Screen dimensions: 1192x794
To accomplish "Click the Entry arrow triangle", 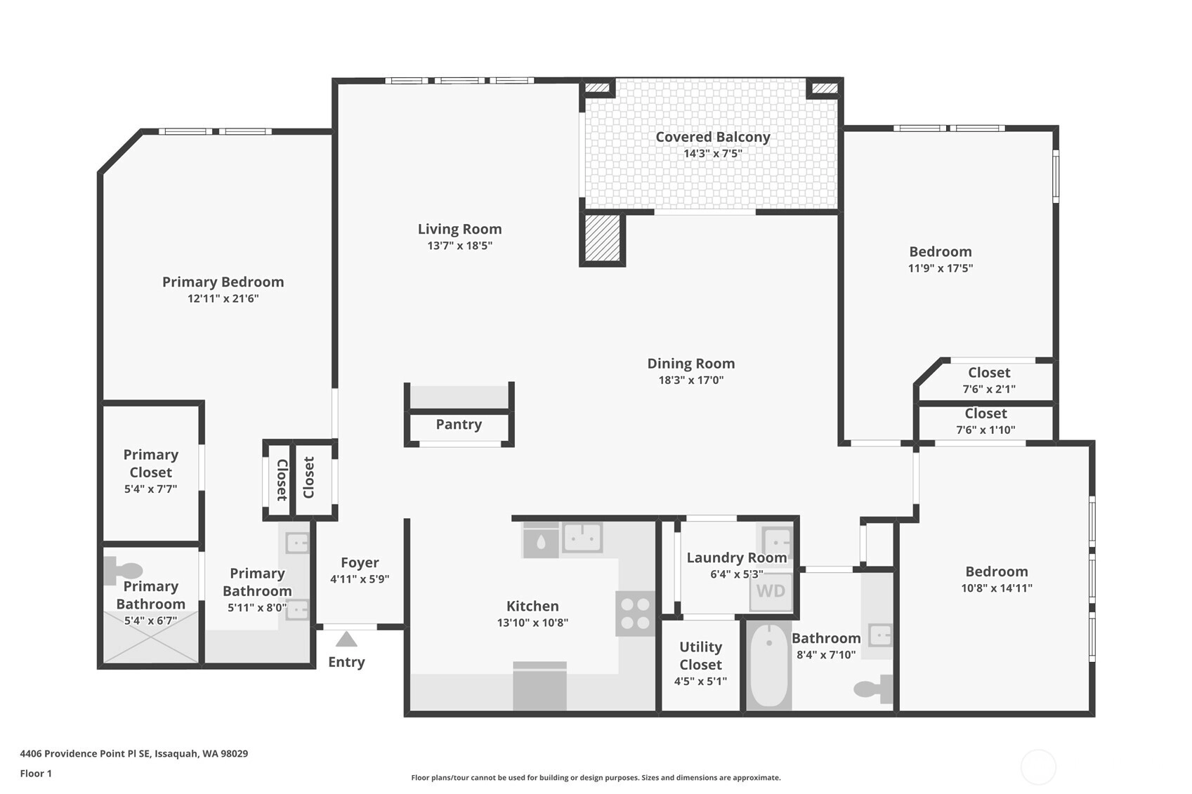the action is [x=346, y=639].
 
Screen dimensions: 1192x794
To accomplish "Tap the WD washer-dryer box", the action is [x=771, y=591].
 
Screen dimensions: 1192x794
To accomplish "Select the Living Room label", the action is [x=460, y=229].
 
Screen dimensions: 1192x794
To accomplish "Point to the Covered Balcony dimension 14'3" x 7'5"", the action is [x=712, y=154].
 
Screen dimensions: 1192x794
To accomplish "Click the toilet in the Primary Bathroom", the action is [x=124, y=571].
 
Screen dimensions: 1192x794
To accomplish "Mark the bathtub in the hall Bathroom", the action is [x=769, y=666].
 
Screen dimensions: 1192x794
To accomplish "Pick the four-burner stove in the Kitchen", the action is [x=636, y=614].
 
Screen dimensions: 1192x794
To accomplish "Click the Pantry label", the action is [x=459, y=425].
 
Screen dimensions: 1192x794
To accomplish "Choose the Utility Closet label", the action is [x=700, y=656].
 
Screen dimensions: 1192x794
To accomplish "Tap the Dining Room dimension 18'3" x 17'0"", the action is [x=690, y=381].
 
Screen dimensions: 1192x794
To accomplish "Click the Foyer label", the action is [x=360, y=562].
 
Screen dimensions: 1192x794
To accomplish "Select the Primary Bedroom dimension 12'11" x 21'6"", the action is [x=223, y=298].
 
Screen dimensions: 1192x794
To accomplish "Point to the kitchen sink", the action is [x=583, y=538].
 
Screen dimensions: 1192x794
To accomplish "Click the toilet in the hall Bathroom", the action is [x=873, y=689].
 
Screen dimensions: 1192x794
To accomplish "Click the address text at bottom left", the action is [x=134, y=753].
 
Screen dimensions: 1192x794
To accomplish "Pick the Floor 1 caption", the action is [x=36, y=774].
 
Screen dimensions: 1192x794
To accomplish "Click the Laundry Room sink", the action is [x=778, y=543].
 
